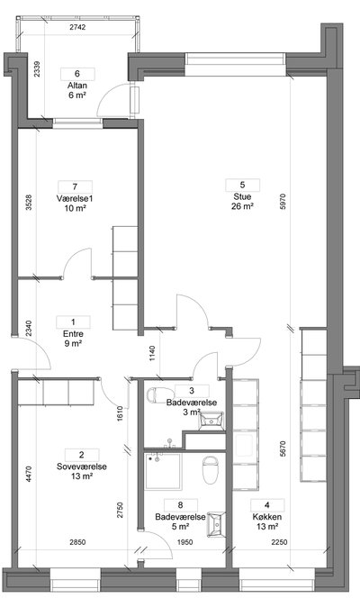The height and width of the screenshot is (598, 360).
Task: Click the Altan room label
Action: (77, 86)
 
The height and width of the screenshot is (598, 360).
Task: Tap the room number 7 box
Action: (75, 187)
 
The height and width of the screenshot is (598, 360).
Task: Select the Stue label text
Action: (243, 197)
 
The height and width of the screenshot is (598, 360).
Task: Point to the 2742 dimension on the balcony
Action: (77, 27)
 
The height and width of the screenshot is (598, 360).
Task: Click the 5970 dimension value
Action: (283, 202)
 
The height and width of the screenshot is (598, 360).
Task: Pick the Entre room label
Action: (73, 334)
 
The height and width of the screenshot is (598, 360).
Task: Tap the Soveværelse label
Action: (82, 467)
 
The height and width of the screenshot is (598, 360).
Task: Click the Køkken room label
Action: (267, 517)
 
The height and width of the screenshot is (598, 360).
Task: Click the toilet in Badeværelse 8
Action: (210, 470)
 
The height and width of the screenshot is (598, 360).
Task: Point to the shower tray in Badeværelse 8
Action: (163, 471)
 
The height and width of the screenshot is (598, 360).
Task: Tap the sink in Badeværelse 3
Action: (211, 421)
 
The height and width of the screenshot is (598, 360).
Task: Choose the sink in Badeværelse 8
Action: (216, 524)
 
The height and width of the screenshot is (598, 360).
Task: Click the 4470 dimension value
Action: (30, 474)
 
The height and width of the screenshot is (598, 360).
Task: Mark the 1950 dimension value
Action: (184, 542)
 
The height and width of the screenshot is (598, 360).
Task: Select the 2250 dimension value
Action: (279, 542)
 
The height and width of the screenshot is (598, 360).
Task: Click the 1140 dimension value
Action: (152, 353)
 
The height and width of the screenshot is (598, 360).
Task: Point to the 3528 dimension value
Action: (30, 203)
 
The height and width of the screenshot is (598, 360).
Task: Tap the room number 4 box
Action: (267, 505)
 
